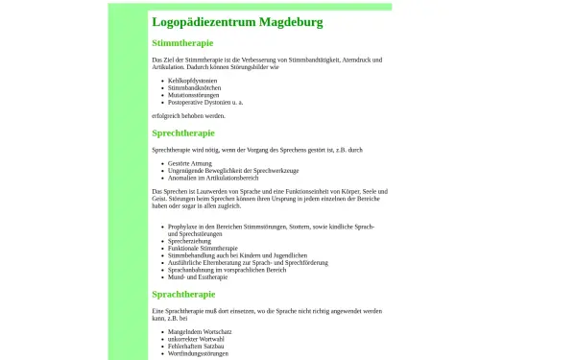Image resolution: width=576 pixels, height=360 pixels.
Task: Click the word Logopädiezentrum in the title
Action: coord(200,21)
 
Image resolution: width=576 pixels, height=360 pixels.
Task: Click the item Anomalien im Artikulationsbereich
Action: coord(213,178)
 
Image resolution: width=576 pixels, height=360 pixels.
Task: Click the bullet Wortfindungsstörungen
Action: coord(198,353)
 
